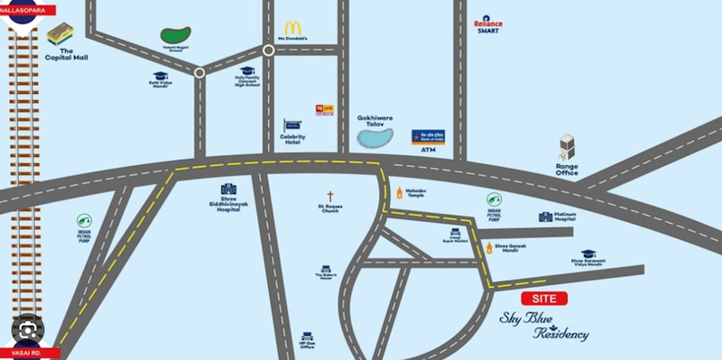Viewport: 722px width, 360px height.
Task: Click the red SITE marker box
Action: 544,298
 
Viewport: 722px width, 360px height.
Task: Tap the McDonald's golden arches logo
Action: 292,29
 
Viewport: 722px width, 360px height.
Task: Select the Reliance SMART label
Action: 488,24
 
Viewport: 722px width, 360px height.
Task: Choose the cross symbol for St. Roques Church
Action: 331,196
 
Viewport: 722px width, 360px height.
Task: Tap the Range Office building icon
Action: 567,147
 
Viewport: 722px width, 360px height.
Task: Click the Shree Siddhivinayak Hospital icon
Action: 228,189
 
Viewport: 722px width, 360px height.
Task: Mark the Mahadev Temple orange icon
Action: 399,192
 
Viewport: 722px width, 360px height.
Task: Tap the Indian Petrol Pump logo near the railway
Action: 84,219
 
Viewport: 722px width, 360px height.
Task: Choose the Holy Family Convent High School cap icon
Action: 247,70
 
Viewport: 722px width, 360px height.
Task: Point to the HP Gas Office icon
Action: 308,337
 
